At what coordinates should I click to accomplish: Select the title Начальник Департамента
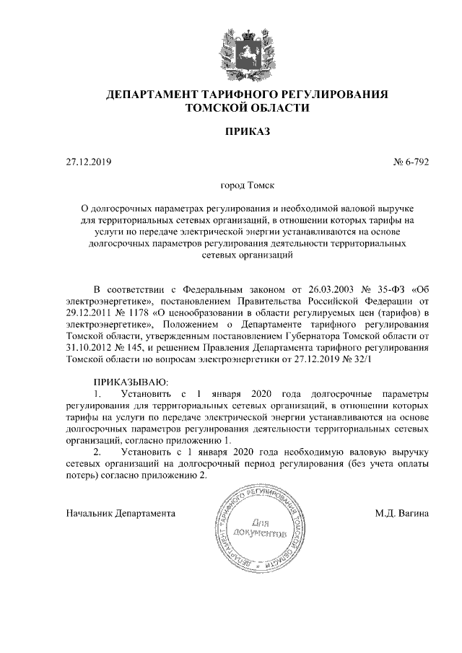tap(121, 514)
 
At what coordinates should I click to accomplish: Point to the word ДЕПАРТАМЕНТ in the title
tap(155, 95)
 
